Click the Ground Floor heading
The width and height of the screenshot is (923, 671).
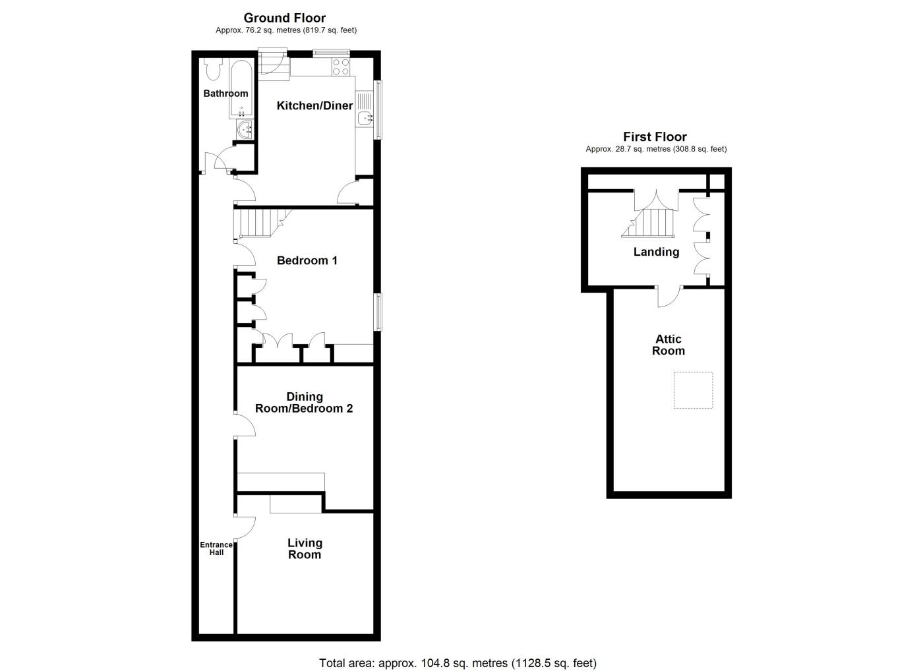(285, 18)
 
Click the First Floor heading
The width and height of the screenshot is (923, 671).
(655, 137)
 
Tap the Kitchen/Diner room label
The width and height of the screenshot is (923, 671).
(314, 105)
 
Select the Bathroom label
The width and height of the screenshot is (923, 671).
(225, 94)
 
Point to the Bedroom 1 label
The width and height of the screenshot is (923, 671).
(307, 260)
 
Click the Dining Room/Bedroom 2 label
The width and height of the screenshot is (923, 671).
(304, 403)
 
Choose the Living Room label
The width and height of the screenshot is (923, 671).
(305, 548)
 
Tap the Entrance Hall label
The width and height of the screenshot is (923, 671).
(216, 548)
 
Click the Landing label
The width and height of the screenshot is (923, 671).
(656, 252)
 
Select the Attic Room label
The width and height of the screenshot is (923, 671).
(668, 345)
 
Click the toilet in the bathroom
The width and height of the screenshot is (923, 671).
(212, 69)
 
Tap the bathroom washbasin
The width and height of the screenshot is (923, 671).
(245, 130)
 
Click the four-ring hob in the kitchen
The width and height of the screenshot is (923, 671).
(341, 67)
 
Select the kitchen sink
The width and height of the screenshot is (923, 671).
(365, 119)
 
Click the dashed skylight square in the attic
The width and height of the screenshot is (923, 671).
(693, 390)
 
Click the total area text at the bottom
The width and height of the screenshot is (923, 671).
(458, 663)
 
